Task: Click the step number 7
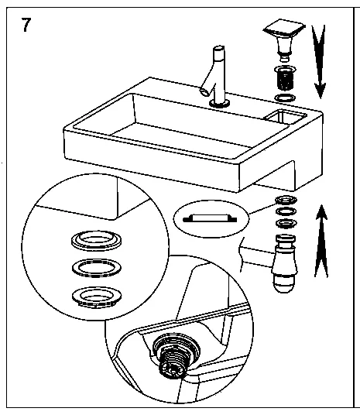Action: point(26,25)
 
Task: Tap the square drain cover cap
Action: point(284,39)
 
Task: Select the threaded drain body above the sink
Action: point(285,78)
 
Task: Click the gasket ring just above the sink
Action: point(285,98)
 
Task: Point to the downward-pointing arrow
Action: point(320,62)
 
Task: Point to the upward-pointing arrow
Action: point(321,242)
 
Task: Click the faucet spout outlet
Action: point(204,92)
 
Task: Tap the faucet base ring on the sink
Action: point(219,104)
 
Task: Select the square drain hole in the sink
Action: point(286,116)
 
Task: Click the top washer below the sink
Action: point(286,200)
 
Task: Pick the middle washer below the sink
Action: point(286,211)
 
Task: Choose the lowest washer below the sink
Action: point(286,223)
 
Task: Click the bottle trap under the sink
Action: point(285,263)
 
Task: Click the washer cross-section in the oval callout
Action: point(210,218)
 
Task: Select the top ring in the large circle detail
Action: point(97,240)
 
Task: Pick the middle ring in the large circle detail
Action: point(97,269)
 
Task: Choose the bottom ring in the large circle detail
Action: point(97,297)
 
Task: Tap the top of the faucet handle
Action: point(218,49)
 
